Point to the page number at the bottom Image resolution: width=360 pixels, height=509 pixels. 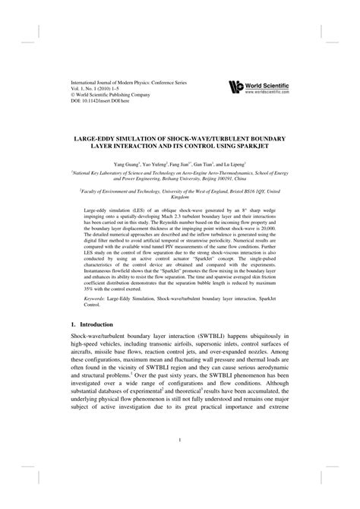point(179,459)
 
